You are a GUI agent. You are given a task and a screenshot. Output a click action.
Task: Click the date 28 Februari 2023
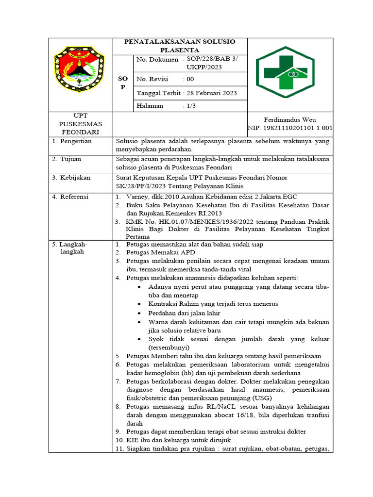tap(210, 93)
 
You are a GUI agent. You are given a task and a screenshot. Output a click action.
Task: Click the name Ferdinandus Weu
tap(290, 119)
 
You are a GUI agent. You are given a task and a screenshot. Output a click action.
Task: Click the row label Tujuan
tap(71, 159)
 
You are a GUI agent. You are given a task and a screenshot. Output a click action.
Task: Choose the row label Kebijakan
tap(75, 177)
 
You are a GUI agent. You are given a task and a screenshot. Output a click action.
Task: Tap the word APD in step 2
tap(187, 253)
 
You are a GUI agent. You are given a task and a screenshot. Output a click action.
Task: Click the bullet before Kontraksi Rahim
tap(140, 304)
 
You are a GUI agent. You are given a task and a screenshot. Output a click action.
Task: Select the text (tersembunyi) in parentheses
tap(169, 348)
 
